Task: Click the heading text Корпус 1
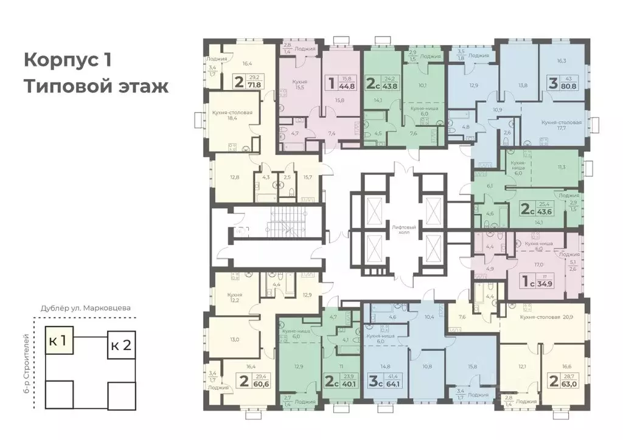point(75,61)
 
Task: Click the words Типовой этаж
point(96,86)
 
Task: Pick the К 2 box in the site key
point(120,347)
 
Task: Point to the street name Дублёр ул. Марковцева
point(85,308)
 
